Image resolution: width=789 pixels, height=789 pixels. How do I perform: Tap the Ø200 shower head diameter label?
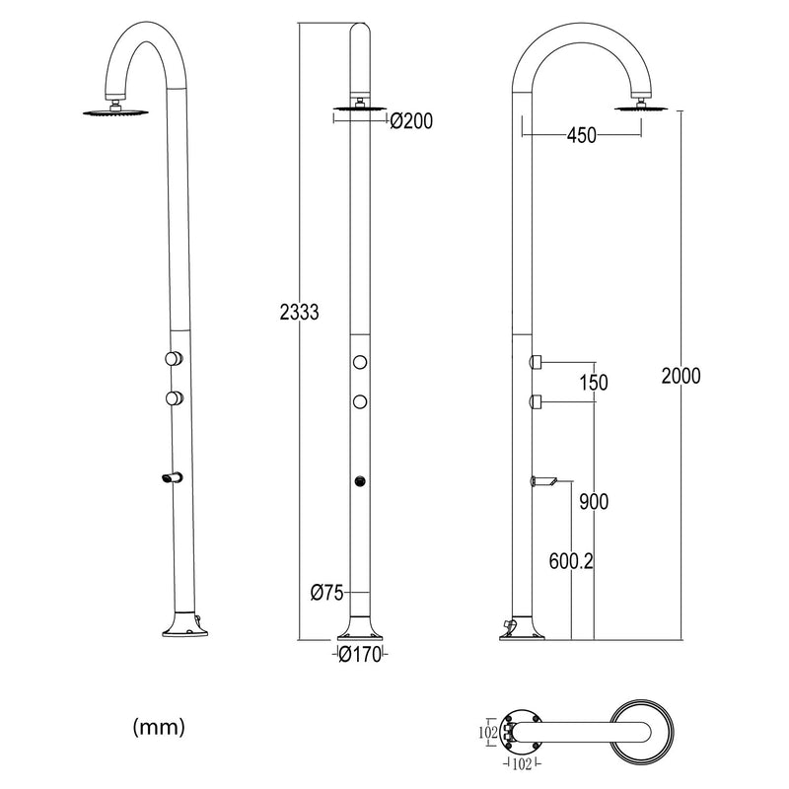pyautogui.click(x=411, y=121)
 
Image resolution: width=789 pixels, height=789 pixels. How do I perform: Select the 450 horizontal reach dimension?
pyautogui.click(x=582, y=136)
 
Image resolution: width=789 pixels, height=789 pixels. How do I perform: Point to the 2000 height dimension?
pyautogui.click(x=681, y=376)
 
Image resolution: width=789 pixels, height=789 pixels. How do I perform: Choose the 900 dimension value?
pyautogui.click(x=594, y=502)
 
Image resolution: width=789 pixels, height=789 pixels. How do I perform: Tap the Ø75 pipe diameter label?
pyautogui.click(x=325, y=593)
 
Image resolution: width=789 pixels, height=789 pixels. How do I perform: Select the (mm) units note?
pyautogui.click(x=158, y=728)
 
